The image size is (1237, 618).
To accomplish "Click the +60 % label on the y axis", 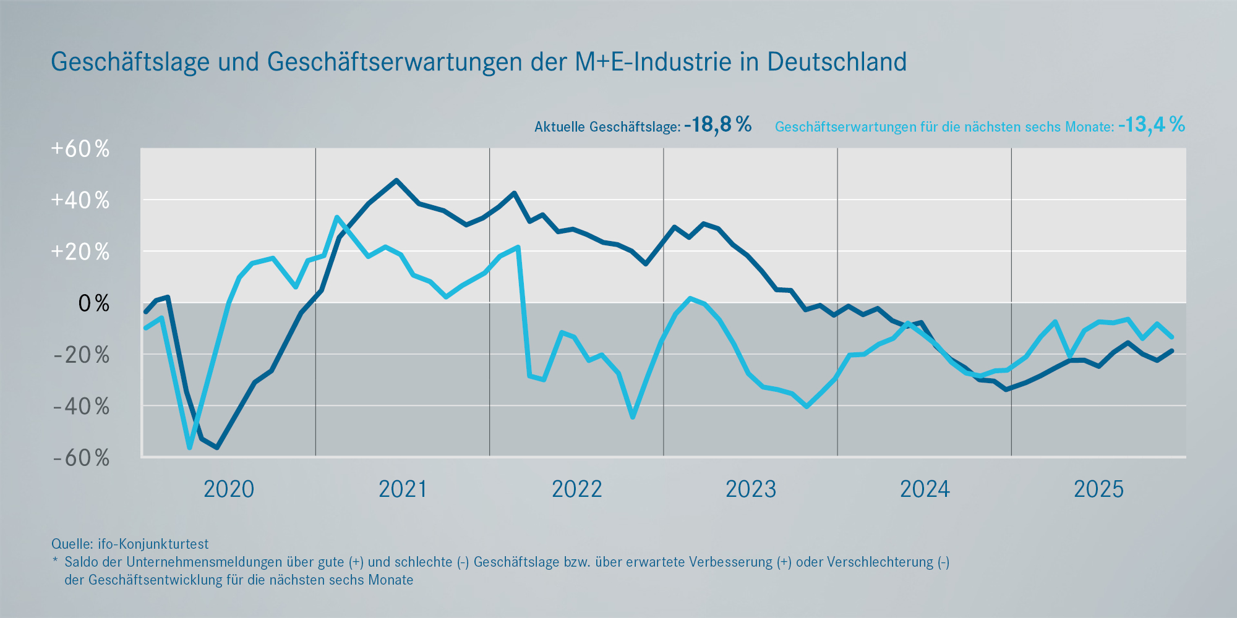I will click(80, 149).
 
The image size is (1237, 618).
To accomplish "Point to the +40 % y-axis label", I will click(80, 200).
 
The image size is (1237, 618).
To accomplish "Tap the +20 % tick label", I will click(80, 252).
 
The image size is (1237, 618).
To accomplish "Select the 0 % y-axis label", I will click(93, 303).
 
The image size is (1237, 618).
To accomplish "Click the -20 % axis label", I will click(81, 355).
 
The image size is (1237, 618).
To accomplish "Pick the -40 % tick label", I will click(81, 407).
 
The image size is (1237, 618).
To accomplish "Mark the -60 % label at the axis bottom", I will click(81, 458).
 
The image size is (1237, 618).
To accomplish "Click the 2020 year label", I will click(229, 489).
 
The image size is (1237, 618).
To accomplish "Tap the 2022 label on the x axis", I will click(576, 489).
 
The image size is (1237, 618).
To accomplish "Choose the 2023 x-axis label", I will click(750, 489).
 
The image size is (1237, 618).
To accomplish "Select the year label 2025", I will click(1098, 489).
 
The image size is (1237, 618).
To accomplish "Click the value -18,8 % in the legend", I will click(718, 125).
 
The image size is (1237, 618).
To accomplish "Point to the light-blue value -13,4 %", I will click(1152, 125).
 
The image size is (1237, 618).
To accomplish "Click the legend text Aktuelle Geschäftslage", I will click(607, 127).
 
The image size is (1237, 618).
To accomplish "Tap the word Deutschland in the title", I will click(837, 62).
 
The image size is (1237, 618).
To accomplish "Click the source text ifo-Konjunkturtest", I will click(153, 544).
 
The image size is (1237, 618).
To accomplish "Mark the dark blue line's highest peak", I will click(396, 180).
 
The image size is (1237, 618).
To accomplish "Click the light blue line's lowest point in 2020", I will click(189, 447).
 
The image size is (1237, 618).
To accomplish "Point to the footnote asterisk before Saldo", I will click(55, 561).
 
